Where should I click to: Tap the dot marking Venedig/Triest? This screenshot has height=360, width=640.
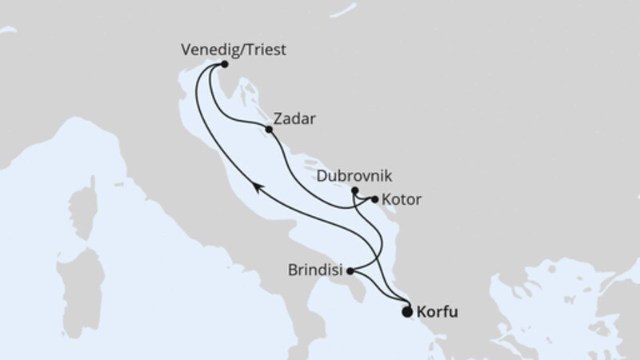[x=225, y=64]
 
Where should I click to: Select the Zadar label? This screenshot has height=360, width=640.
[x=294, y=119]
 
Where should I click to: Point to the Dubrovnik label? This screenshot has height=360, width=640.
[x=354, y=175]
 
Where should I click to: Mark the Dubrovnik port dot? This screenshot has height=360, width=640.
[x=355, y=190]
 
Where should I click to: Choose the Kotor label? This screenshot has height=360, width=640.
[x=402, y=199]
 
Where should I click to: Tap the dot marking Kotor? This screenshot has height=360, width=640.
[x=374, y=199]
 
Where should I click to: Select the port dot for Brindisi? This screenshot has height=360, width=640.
[x=350, y=271]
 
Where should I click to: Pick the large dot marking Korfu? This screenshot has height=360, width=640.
[x=407, y=313]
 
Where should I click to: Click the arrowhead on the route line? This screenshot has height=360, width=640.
[x=257, y=186]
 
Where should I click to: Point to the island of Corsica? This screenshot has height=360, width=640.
[x=82, y=210]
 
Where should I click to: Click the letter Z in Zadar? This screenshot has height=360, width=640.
[x=278, y=119]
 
